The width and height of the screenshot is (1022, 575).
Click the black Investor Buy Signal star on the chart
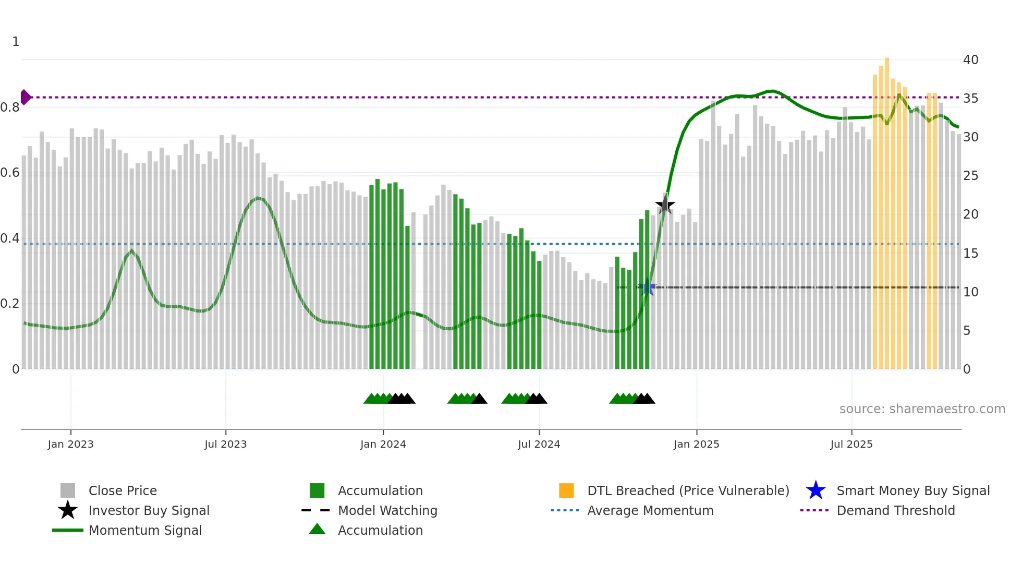coord(665,205)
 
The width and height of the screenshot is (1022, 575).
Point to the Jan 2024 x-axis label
coord(383,444)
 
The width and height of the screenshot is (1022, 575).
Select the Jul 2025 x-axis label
coord(851,444)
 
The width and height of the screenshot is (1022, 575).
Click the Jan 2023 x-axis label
coord(70,444)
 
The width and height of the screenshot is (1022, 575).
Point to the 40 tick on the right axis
coord(970,60)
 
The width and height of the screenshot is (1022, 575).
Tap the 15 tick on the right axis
coord(970,253)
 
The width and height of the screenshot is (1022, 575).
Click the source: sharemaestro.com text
coord(922,409)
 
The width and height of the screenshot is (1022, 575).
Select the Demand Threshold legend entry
coord(895,510)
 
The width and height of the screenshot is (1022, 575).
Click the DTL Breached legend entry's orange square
coord(566,490)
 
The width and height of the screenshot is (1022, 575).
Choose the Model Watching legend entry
coord(387,510)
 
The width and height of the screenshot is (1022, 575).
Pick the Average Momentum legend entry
coord(650,510)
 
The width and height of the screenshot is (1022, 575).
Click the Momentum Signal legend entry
coord(145,530)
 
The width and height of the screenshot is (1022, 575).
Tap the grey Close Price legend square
coord(68,490)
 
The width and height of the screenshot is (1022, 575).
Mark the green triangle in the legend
coord(317,529)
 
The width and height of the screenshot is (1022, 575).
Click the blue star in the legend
coord(816,490)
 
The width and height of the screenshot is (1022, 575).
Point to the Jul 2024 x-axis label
coord(539,444)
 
